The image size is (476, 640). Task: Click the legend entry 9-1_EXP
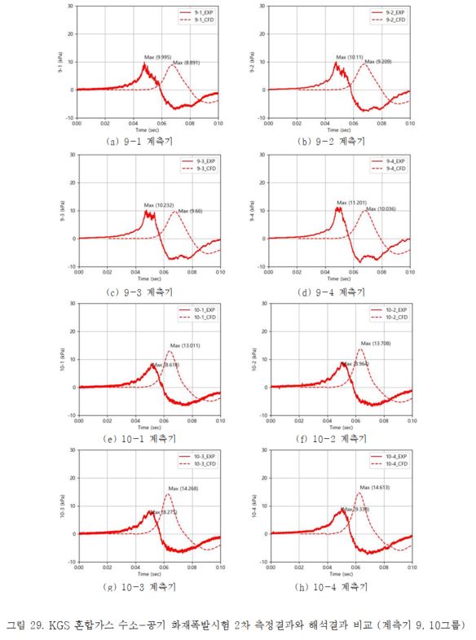(196, 14)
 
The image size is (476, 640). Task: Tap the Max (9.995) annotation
(157, 57)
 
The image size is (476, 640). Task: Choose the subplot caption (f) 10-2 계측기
(332, 438)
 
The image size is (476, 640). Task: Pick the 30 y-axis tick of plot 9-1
(70, 6)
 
